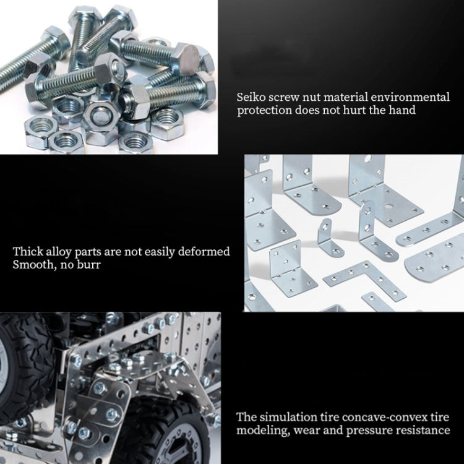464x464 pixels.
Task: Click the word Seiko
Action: [x=251, y=97]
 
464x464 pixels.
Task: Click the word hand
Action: [x=402, y=110]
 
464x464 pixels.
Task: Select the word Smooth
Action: [x=32, y=265]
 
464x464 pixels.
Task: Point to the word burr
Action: [x=87, y=265]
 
